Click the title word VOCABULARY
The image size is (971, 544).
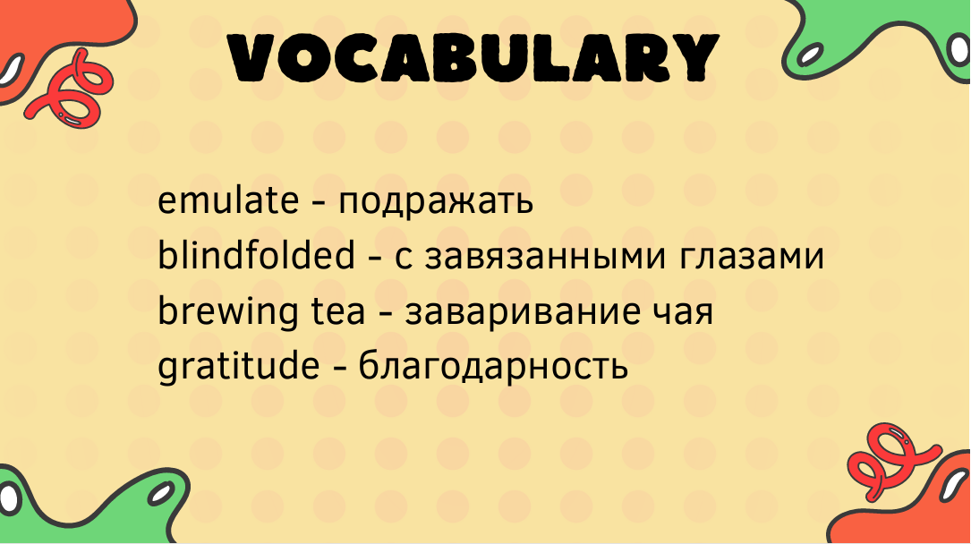click(473, 57)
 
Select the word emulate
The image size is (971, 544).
click(228, 200)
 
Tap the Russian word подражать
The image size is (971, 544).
click(435, 202)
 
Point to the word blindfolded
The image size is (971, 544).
click(256, 254)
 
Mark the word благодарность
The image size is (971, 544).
click(493, 366)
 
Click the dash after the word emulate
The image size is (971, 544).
click(319, 202)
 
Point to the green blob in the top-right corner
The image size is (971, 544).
click(880, 38)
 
